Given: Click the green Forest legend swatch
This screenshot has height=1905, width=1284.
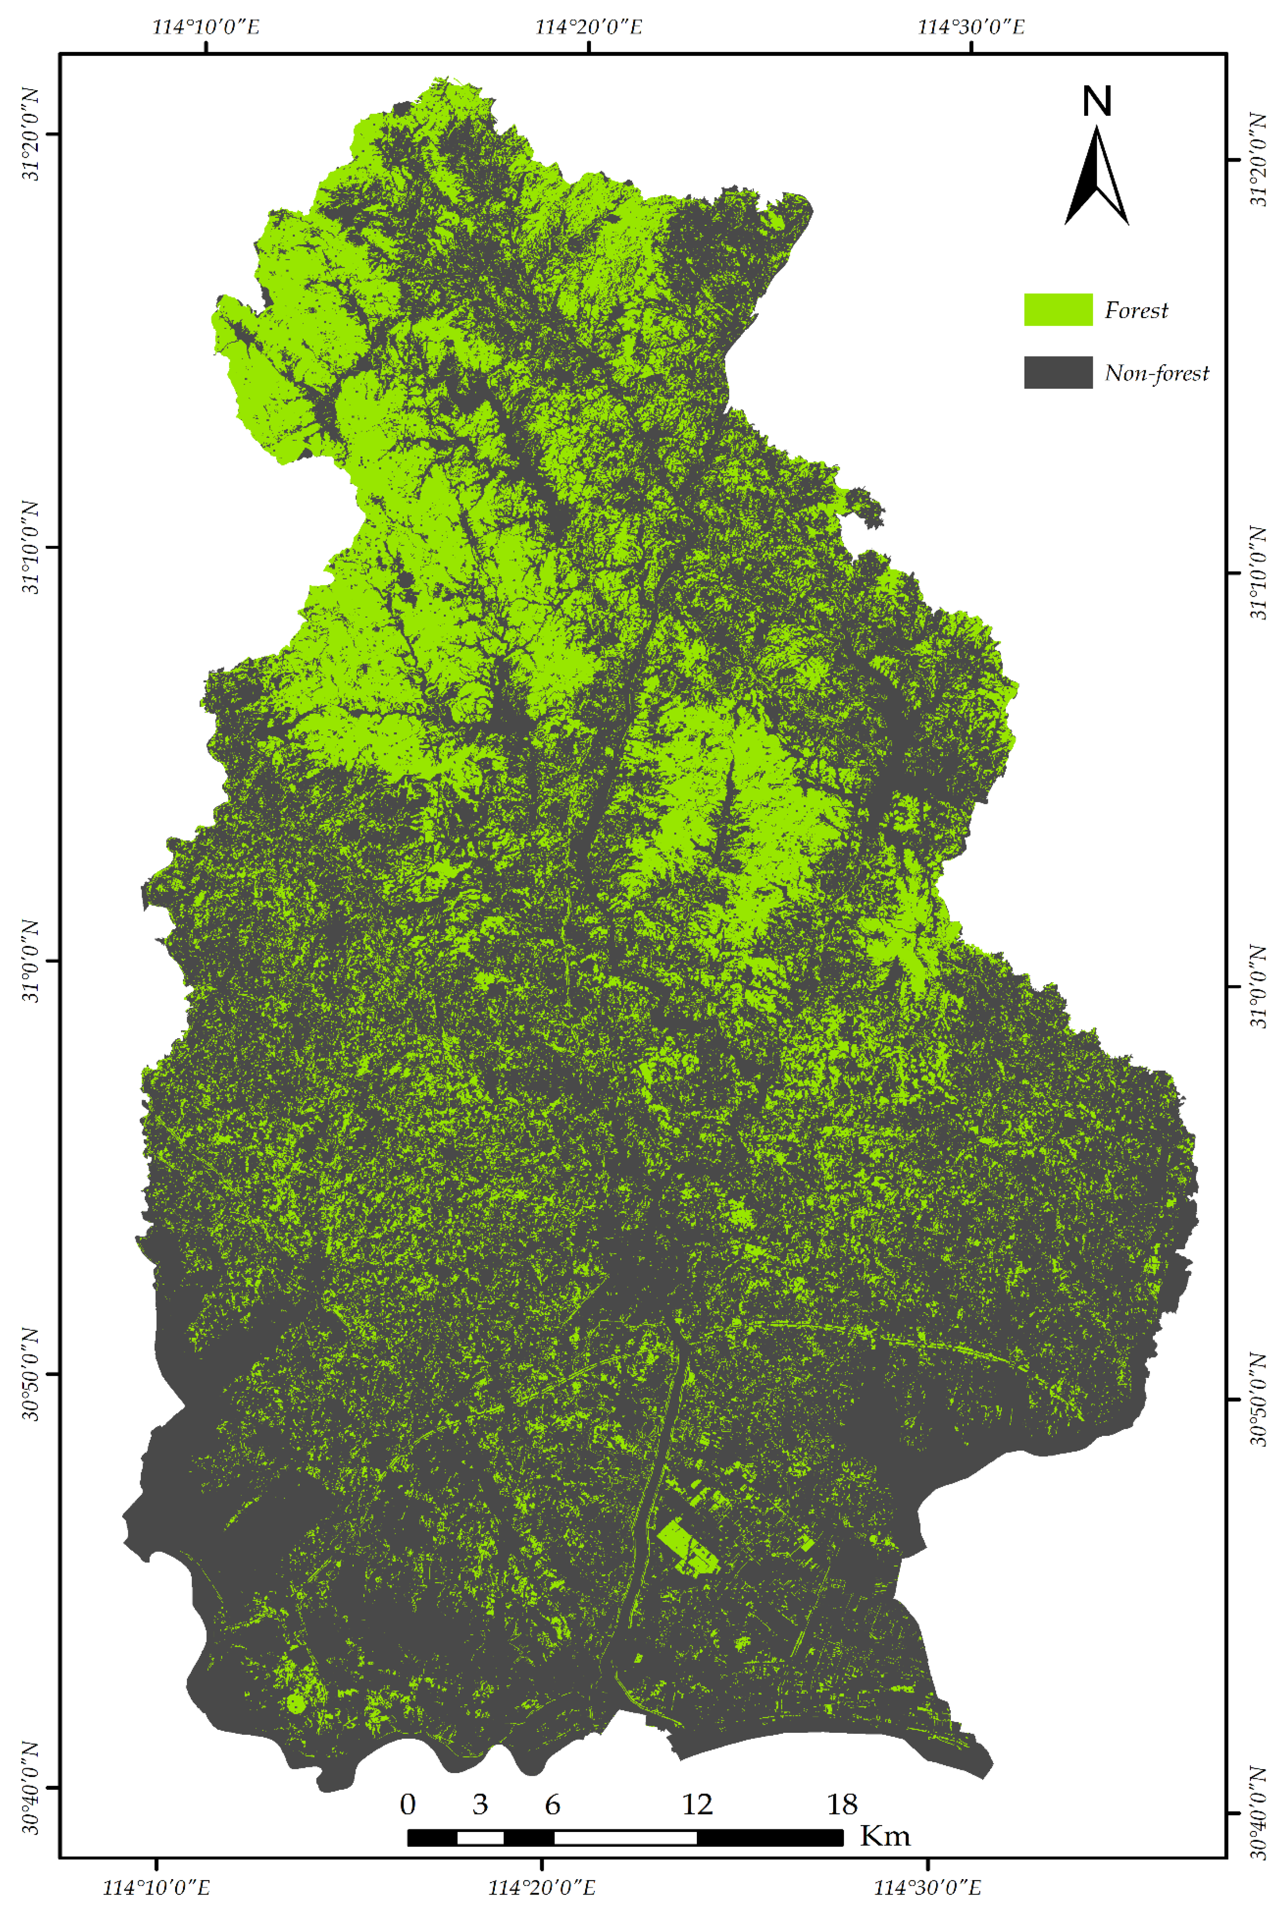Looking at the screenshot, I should click(1058, 310).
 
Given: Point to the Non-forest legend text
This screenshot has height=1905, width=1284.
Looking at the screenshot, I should click(1156, 374).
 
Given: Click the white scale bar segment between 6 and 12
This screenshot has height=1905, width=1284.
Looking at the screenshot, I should click(626, 1837).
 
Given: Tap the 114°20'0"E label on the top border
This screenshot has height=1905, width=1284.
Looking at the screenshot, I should click(589, 27).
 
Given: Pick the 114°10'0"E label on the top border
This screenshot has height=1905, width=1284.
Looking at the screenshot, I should click(206, 27).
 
